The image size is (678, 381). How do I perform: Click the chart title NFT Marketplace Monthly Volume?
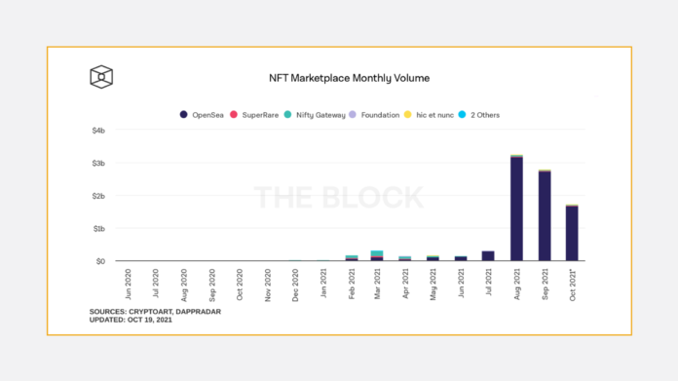coord(348,77)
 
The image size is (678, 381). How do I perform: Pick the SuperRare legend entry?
coord(257,115)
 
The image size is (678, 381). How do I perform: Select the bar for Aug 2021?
coord(516,209)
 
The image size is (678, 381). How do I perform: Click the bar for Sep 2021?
coord(544,215)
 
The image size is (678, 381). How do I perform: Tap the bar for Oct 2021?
coord(571,233)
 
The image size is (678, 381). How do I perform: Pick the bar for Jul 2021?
coord(488,256)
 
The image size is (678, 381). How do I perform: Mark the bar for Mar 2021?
coord(377,255)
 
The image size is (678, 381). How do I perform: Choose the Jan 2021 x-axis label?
coord(324,282)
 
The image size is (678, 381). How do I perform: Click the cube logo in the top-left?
coord(101,77)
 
